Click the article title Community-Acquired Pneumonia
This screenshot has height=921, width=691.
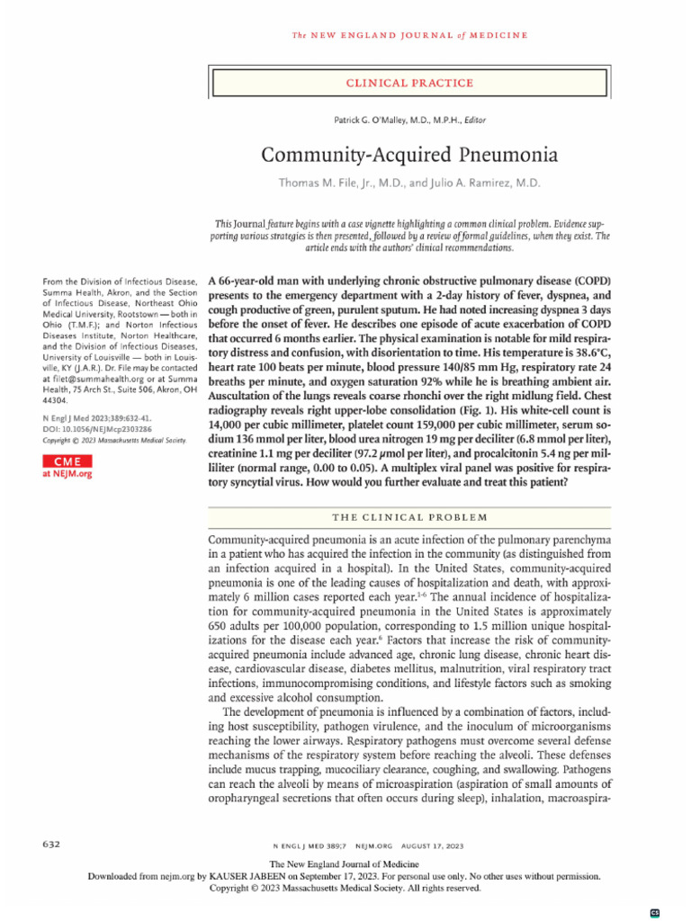(408, 154)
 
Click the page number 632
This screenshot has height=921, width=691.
(52, 845)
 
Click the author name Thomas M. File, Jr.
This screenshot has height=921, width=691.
(334, 183)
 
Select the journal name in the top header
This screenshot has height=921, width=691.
(408, 35)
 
